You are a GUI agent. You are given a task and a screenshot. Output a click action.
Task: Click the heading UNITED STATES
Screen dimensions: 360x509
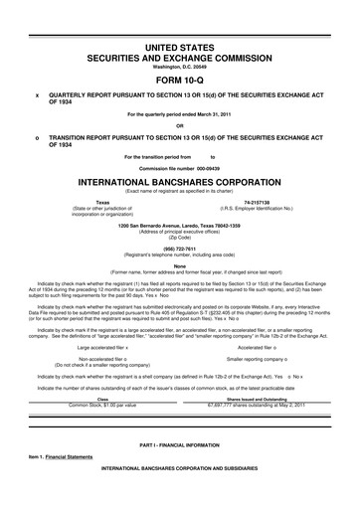(x=180, y=47)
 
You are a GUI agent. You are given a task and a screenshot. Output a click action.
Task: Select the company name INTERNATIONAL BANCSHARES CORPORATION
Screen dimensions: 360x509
(x=180, y=182)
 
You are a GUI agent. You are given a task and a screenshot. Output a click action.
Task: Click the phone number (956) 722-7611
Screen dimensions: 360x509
(x=180, y=249)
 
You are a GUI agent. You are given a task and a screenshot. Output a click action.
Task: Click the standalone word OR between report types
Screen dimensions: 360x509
(x=180, y=125)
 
